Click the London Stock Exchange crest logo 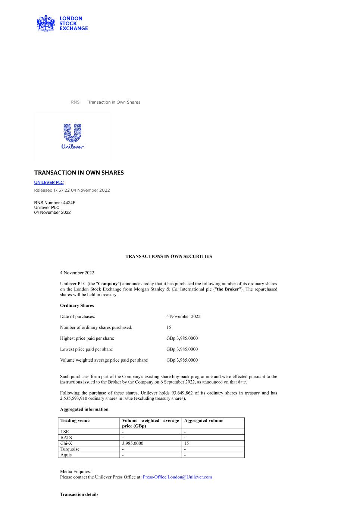point(46,23)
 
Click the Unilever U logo point(72,133)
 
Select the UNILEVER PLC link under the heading point(49,182)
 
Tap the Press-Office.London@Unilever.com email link point(177,477)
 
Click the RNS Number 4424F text point(55,203)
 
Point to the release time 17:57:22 point(62,190)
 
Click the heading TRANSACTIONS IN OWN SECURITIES point(169,257)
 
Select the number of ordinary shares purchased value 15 point(169,327)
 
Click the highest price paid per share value point(182,338)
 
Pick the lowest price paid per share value point(182,349)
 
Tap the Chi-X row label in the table point(66,443)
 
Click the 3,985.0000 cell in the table point(133,443)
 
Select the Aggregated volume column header point(204,421)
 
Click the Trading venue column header point(75,421)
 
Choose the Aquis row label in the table point(66,455)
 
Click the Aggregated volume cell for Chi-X point(187,443)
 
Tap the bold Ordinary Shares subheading point(77,305)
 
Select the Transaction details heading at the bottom point(79,494)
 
